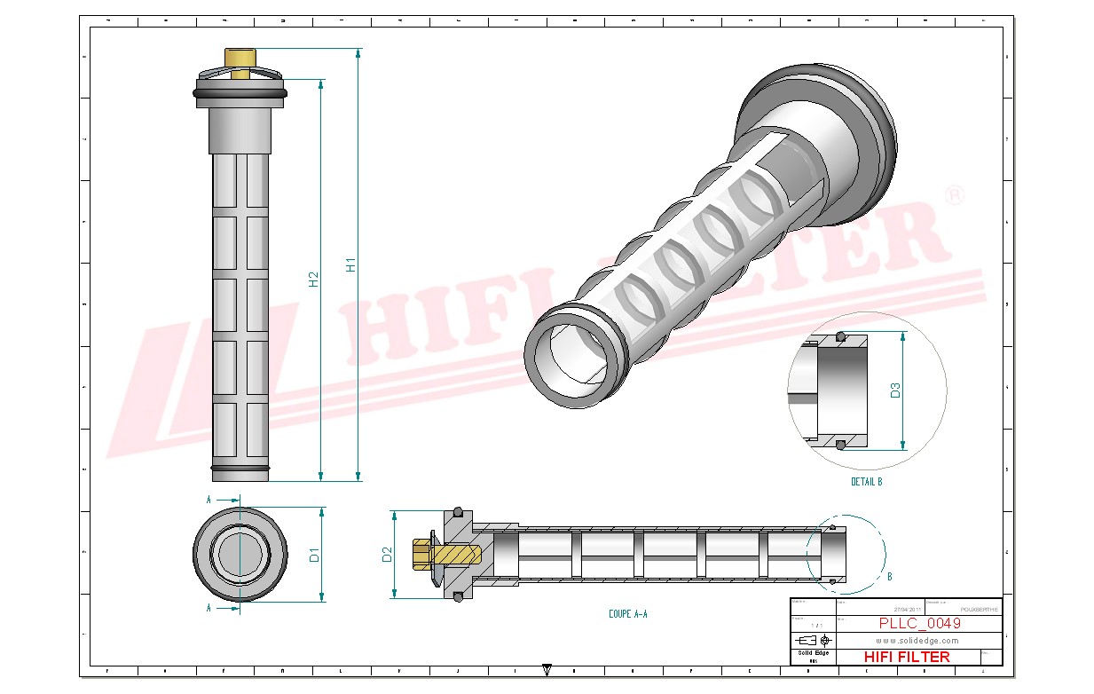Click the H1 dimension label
(351, 264)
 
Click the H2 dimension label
(313, 280)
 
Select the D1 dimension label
(313, 556)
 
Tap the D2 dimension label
(387, 555)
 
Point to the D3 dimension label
(896, 390)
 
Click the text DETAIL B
(866, 482)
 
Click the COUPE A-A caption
(627, 613)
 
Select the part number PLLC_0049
(919, 624)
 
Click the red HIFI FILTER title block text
(906, 657)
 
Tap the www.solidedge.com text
(917, 641)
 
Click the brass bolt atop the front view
(240, 62)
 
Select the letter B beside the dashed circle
(889, 576)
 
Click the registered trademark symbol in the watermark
(955, 196)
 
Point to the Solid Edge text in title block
(812, 653)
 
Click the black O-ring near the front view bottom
(240, 468)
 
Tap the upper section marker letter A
(209, 500)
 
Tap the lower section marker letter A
(209, 608)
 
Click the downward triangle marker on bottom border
(547, 671)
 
